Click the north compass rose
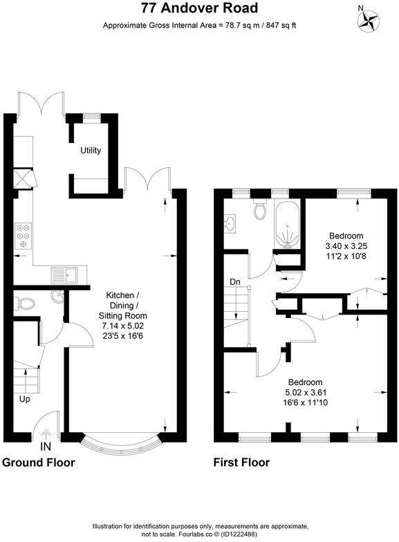pyautogui.click(x=369, y=19)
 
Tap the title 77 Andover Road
pyautogui.click(x=199, y=9)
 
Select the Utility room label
pyautogui.click(x=91, y=150)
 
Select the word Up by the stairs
pyautogui.click(x=24, y=400)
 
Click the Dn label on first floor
pyautogui.click(x=235, y=281)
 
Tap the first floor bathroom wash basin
pyautogui.click(x=230, y=224)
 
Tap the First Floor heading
pyautogui.click(x=242, y=462)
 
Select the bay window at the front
pyautogui.click(x=122, y=440)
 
